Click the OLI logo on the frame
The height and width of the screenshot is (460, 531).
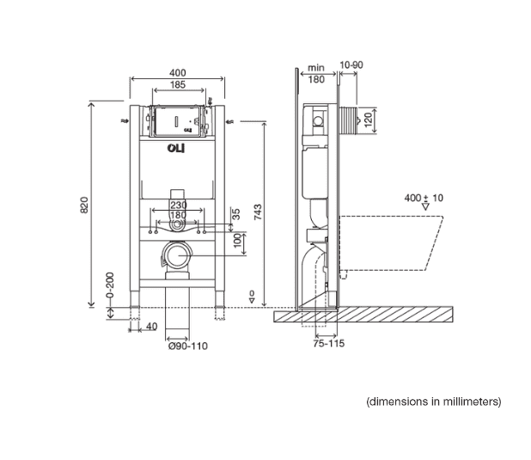(x=177, y=148)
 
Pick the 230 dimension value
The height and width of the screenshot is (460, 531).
(x=177, y=205)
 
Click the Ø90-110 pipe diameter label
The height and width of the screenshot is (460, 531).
(x=187, y=346)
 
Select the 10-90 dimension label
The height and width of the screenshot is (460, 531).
(x=350, y=65)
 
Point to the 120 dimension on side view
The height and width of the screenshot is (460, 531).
(x=369, y=119)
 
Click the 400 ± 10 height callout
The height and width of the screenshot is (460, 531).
(x=424, y=198)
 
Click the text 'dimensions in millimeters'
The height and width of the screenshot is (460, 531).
(x=433, y=401)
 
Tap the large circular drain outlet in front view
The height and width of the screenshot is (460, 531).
(x=179, y=255)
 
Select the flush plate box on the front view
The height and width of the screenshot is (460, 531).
(x=177, y=121)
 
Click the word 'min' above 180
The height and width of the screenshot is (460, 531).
(x=315, y=67)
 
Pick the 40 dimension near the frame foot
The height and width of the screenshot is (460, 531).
(x=151, y=326)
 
